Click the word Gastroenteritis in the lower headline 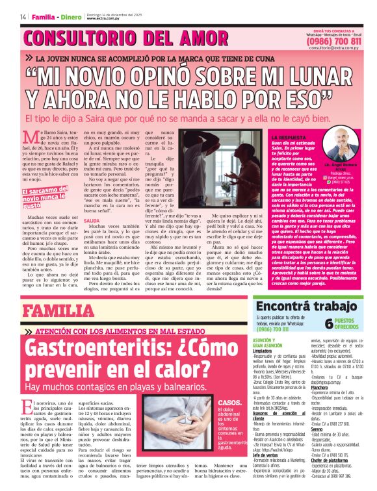coord(99,351)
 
